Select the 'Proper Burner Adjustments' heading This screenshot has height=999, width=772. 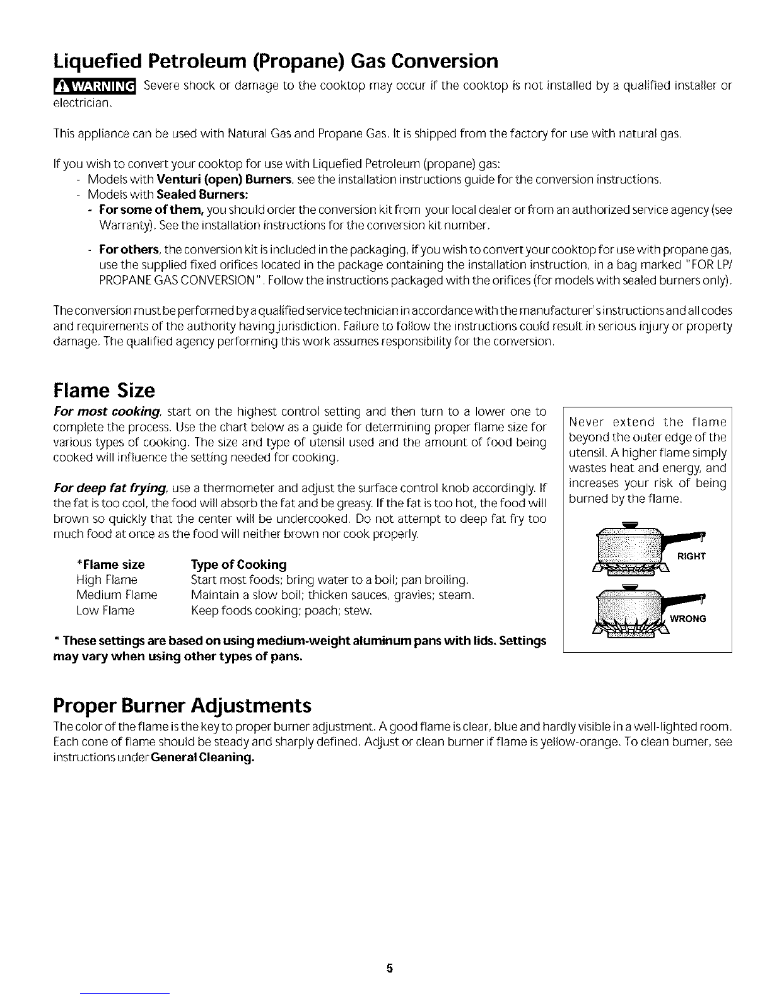183,704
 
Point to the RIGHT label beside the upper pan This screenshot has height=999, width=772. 691,556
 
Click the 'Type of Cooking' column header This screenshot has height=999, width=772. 238,564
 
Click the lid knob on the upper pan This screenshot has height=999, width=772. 628,523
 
